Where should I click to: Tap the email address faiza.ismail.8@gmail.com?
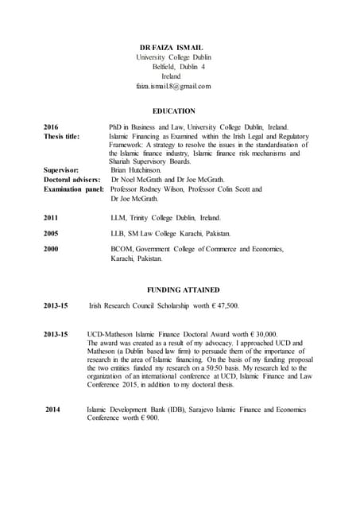pyautogui.click(x=172, y=86)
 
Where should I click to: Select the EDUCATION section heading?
pyautogui.click(x=173, y=111)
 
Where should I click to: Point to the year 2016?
pyautogui.click(x=52, y=127)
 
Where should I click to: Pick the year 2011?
pyautogui.click(x=52, y=217)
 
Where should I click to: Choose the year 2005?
pyautogui.click(x=52, y=234)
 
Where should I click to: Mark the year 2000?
pyautogui.click(x=52, y=250)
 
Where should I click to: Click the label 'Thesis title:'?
pyautogui.click(x=61, y=137)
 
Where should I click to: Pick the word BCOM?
pyautogui.click(x=122, y=250)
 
